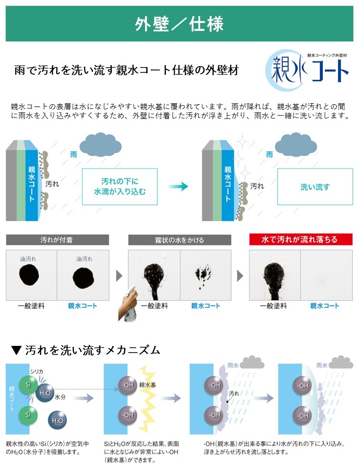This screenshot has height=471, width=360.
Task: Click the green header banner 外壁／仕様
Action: pos(179,23)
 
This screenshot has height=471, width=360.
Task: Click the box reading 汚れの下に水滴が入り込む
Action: pos(120,186)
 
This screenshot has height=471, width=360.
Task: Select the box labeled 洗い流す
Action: pos(315,186)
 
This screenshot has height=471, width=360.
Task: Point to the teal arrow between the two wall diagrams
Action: pos(178,186)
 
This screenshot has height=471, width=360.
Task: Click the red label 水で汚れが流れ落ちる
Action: pos(301,239)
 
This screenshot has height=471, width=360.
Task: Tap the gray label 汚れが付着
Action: pos(58,240)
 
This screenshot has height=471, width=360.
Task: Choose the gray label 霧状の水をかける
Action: pos(180,240)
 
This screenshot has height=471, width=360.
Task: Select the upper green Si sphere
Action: pos(28,384)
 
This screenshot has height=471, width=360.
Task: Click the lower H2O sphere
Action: pos(58,420)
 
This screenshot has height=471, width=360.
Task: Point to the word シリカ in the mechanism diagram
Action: pos(37,372)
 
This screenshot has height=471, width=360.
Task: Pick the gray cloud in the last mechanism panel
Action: pos(341,362)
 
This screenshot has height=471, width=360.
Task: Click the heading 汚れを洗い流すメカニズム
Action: pos(92,350)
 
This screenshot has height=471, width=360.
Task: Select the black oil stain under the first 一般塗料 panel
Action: pos(29,276)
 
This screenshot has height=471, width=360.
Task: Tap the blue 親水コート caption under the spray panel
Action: pos(205,306)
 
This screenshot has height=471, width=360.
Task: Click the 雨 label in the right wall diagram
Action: pos(269,155)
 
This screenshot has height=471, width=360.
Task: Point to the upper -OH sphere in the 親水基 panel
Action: pos(127,385)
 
